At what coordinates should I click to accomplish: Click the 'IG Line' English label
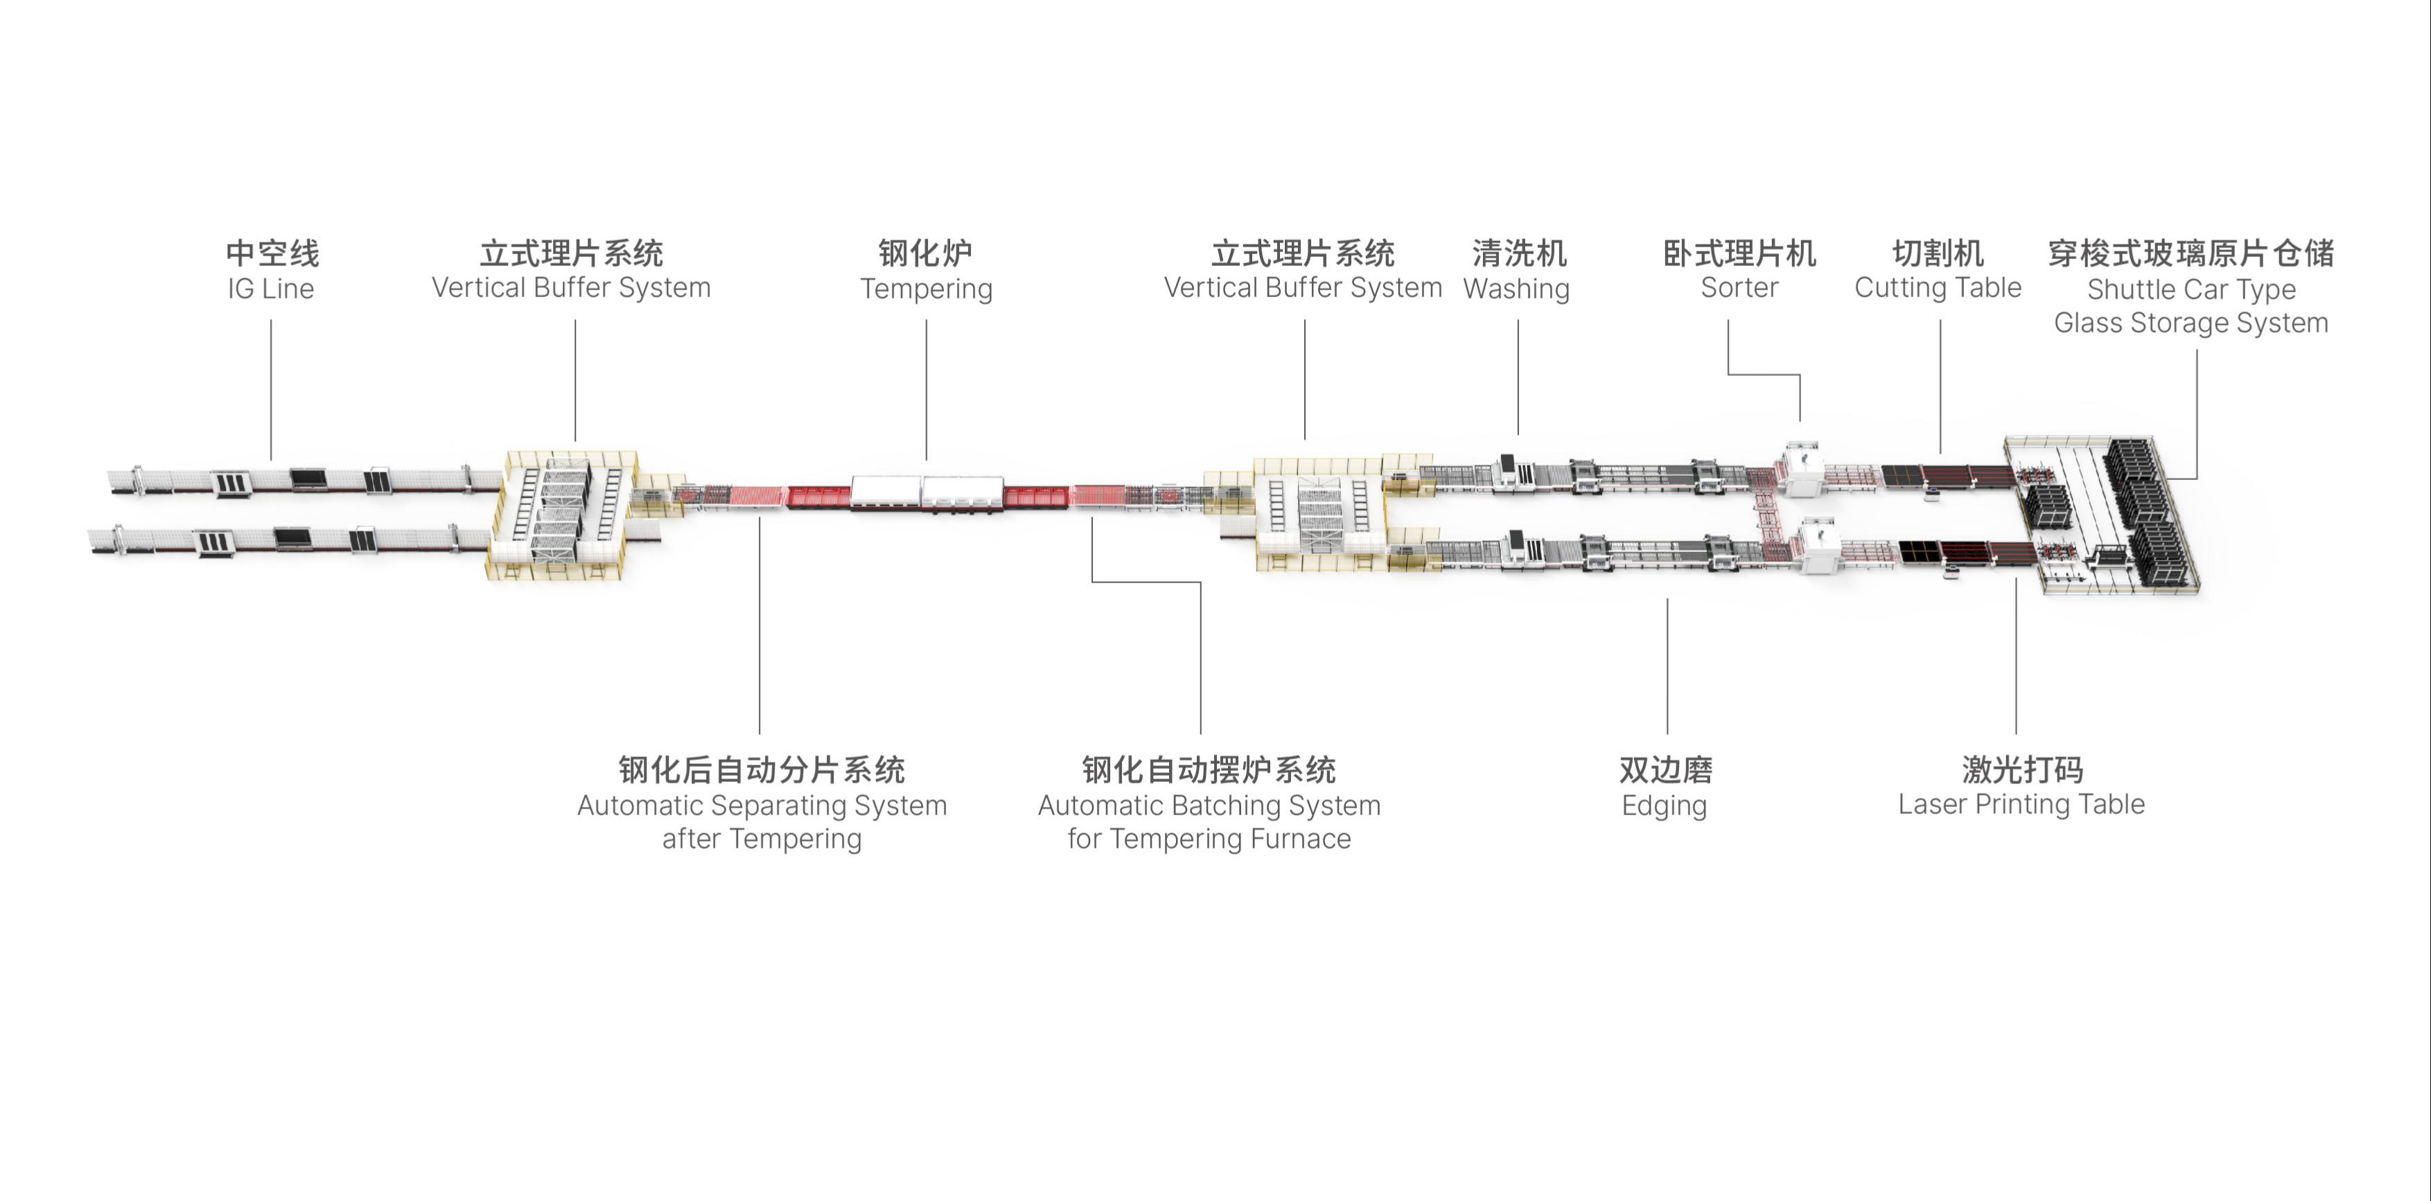pos(271,289)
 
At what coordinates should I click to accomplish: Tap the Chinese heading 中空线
pos(272,253)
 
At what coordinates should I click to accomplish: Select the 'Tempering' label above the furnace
pos(926,289)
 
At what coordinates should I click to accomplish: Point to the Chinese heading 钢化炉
pos(925,253)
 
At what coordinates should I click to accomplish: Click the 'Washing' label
pos(1516,289)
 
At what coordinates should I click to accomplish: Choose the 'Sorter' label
pos(1739,287)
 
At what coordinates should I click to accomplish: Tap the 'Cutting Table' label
pos(1938,287)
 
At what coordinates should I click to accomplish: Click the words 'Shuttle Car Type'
pos(2191,289)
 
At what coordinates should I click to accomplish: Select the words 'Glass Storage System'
pos(2191,323)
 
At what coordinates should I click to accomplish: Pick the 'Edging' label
pos(1665,806)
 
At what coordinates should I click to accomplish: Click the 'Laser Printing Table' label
pos(2021,804)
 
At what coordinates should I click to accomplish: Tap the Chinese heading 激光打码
pos(2022,770)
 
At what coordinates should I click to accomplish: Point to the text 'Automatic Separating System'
pos(762,805)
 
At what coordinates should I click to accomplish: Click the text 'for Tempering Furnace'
pos(1209,839)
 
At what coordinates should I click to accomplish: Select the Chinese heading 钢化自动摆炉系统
pos(1209,770)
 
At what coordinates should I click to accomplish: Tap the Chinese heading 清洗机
pos(1518,253)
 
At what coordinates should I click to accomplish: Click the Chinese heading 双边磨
pos(1666,770)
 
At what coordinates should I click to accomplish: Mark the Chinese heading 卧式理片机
pos(1739,253)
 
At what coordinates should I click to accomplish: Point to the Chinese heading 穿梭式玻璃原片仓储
pos(2191,253)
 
